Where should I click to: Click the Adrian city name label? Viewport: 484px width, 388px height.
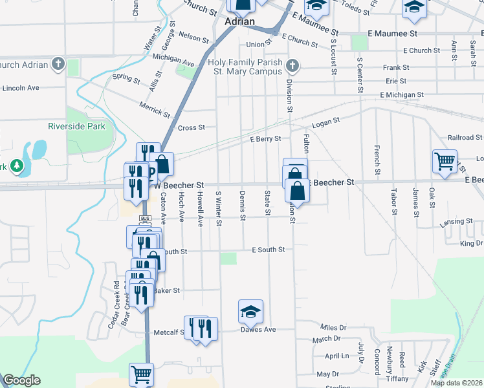point(239,21)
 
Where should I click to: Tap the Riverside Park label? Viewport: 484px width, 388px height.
point(76,127)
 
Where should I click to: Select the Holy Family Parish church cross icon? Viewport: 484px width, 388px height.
point(292,65)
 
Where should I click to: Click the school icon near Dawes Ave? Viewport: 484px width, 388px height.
point(250,312)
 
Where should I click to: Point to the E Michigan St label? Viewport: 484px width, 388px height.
point(402,94)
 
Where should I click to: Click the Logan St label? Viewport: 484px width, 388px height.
point(325,122)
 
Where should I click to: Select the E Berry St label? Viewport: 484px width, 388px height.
point(265,138)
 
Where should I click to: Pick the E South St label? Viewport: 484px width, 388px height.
point(268,250)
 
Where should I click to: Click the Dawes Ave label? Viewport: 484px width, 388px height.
point(258,330)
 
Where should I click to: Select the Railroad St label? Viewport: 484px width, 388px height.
point(465,138)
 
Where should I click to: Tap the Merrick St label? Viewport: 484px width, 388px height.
point(154,108)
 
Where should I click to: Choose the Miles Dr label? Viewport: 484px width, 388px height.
point(334,328)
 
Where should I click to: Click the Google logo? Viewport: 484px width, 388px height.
point(21,381)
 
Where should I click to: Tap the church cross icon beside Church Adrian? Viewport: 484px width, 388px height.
point(58,64)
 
